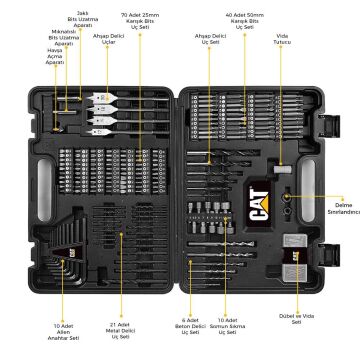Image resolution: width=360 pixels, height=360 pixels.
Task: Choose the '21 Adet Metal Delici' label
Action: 121,329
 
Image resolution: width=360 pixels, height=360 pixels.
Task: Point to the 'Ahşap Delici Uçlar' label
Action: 108,39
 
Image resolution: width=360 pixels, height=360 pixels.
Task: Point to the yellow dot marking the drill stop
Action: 288,198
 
